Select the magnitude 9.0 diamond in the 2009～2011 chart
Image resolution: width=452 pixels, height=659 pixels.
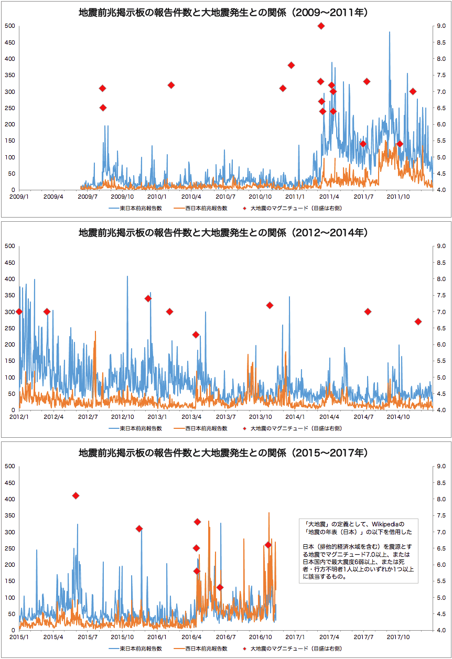(321, 26)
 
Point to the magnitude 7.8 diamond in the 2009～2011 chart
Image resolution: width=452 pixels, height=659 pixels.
(291, 65)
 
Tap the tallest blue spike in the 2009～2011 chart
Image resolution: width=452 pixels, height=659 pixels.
(389, 33)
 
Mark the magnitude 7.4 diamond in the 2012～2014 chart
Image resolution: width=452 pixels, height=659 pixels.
(148, 298)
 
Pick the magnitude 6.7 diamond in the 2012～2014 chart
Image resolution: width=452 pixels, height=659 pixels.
(418, 321)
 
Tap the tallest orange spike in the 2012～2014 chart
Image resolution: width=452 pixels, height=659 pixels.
(95, 332)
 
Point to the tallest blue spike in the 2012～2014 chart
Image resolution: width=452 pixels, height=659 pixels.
(127, 277)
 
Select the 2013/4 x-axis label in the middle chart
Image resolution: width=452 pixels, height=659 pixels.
(191, 417)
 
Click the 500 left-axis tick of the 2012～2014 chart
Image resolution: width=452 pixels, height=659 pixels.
(9, 246)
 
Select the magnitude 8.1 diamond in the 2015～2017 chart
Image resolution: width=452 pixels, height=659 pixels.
(76, 495)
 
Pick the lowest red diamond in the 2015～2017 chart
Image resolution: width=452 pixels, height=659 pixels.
(220, 587)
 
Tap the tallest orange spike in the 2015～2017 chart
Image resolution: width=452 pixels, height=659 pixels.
(269, 513)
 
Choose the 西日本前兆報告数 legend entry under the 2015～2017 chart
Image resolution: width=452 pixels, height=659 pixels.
(206, 649)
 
